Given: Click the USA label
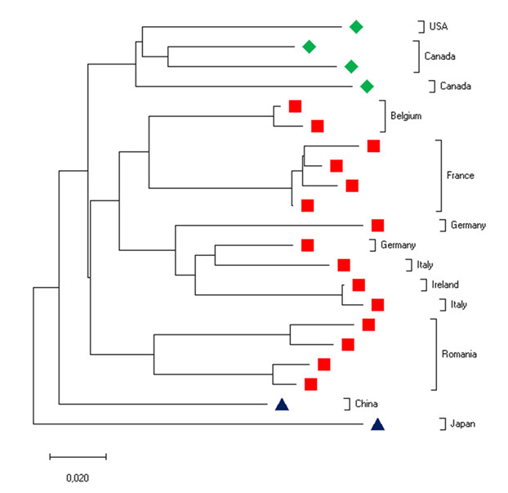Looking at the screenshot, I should pos(439,26).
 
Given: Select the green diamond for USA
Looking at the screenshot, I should pos(356,26).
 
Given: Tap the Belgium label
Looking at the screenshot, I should pos(406,116).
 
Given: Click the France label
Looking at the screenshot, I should pos(460,176).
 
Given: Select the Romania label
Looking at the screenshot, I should pos(458,354).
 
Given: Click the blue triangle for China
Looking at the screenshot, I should pos(281,403).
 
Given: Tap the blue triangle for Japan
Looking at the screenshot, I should pos(377,424).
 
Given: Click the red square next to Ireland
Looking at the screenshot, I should pos(358,285).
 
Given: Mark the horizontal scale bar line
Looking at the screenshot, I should pos(78,455).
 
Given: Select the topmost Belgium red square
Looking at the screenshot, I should pos(296,105).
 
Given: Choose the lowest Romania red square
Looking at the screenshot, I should pos(310,383).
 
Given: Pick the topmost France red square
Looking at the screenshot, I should pos(373,146).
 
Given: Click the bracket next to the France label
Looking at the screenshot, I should pos(439,176).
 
